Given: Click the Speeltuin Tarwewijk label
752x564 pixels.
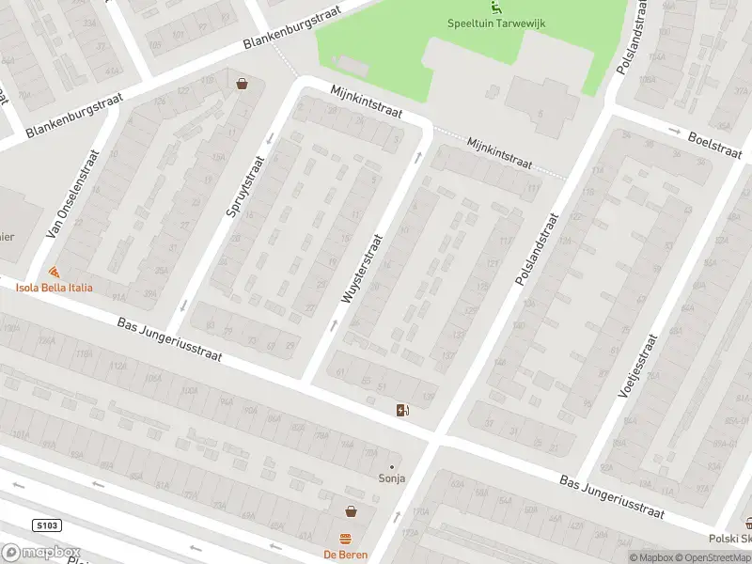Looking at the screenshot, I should [x=495, y=23].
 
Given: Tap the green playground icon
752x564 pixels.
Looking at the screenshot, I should [x=495, y=7].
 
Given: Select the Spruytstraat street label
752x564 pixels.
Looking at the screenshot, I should [x=247, y=187].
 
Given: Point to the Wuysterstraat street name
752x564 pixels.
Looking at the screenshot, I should [x=365, y=268].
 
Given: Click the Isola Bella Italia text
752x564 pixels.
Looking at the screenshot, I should [x=54, y=287].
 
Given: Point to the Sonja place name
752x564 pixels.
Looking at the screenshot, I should [x=392, y=478].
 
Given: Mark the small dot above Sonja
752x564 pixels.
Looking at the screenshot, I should [x=392, y=466].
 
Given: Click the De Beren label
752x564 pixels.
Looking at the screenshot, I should [x=345, y=555].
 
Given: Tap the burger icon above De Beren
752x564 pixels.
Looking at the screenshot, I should [x=345, y=539].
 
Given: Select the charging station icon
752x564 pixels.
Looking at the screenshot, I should [x=402, y=409].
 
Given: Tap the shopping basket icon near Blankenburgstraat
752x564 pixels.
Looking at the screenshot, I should [x=243, y=85].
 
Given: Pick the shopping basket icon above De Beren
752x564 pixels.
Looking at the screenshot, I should [x=351, y=511].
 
